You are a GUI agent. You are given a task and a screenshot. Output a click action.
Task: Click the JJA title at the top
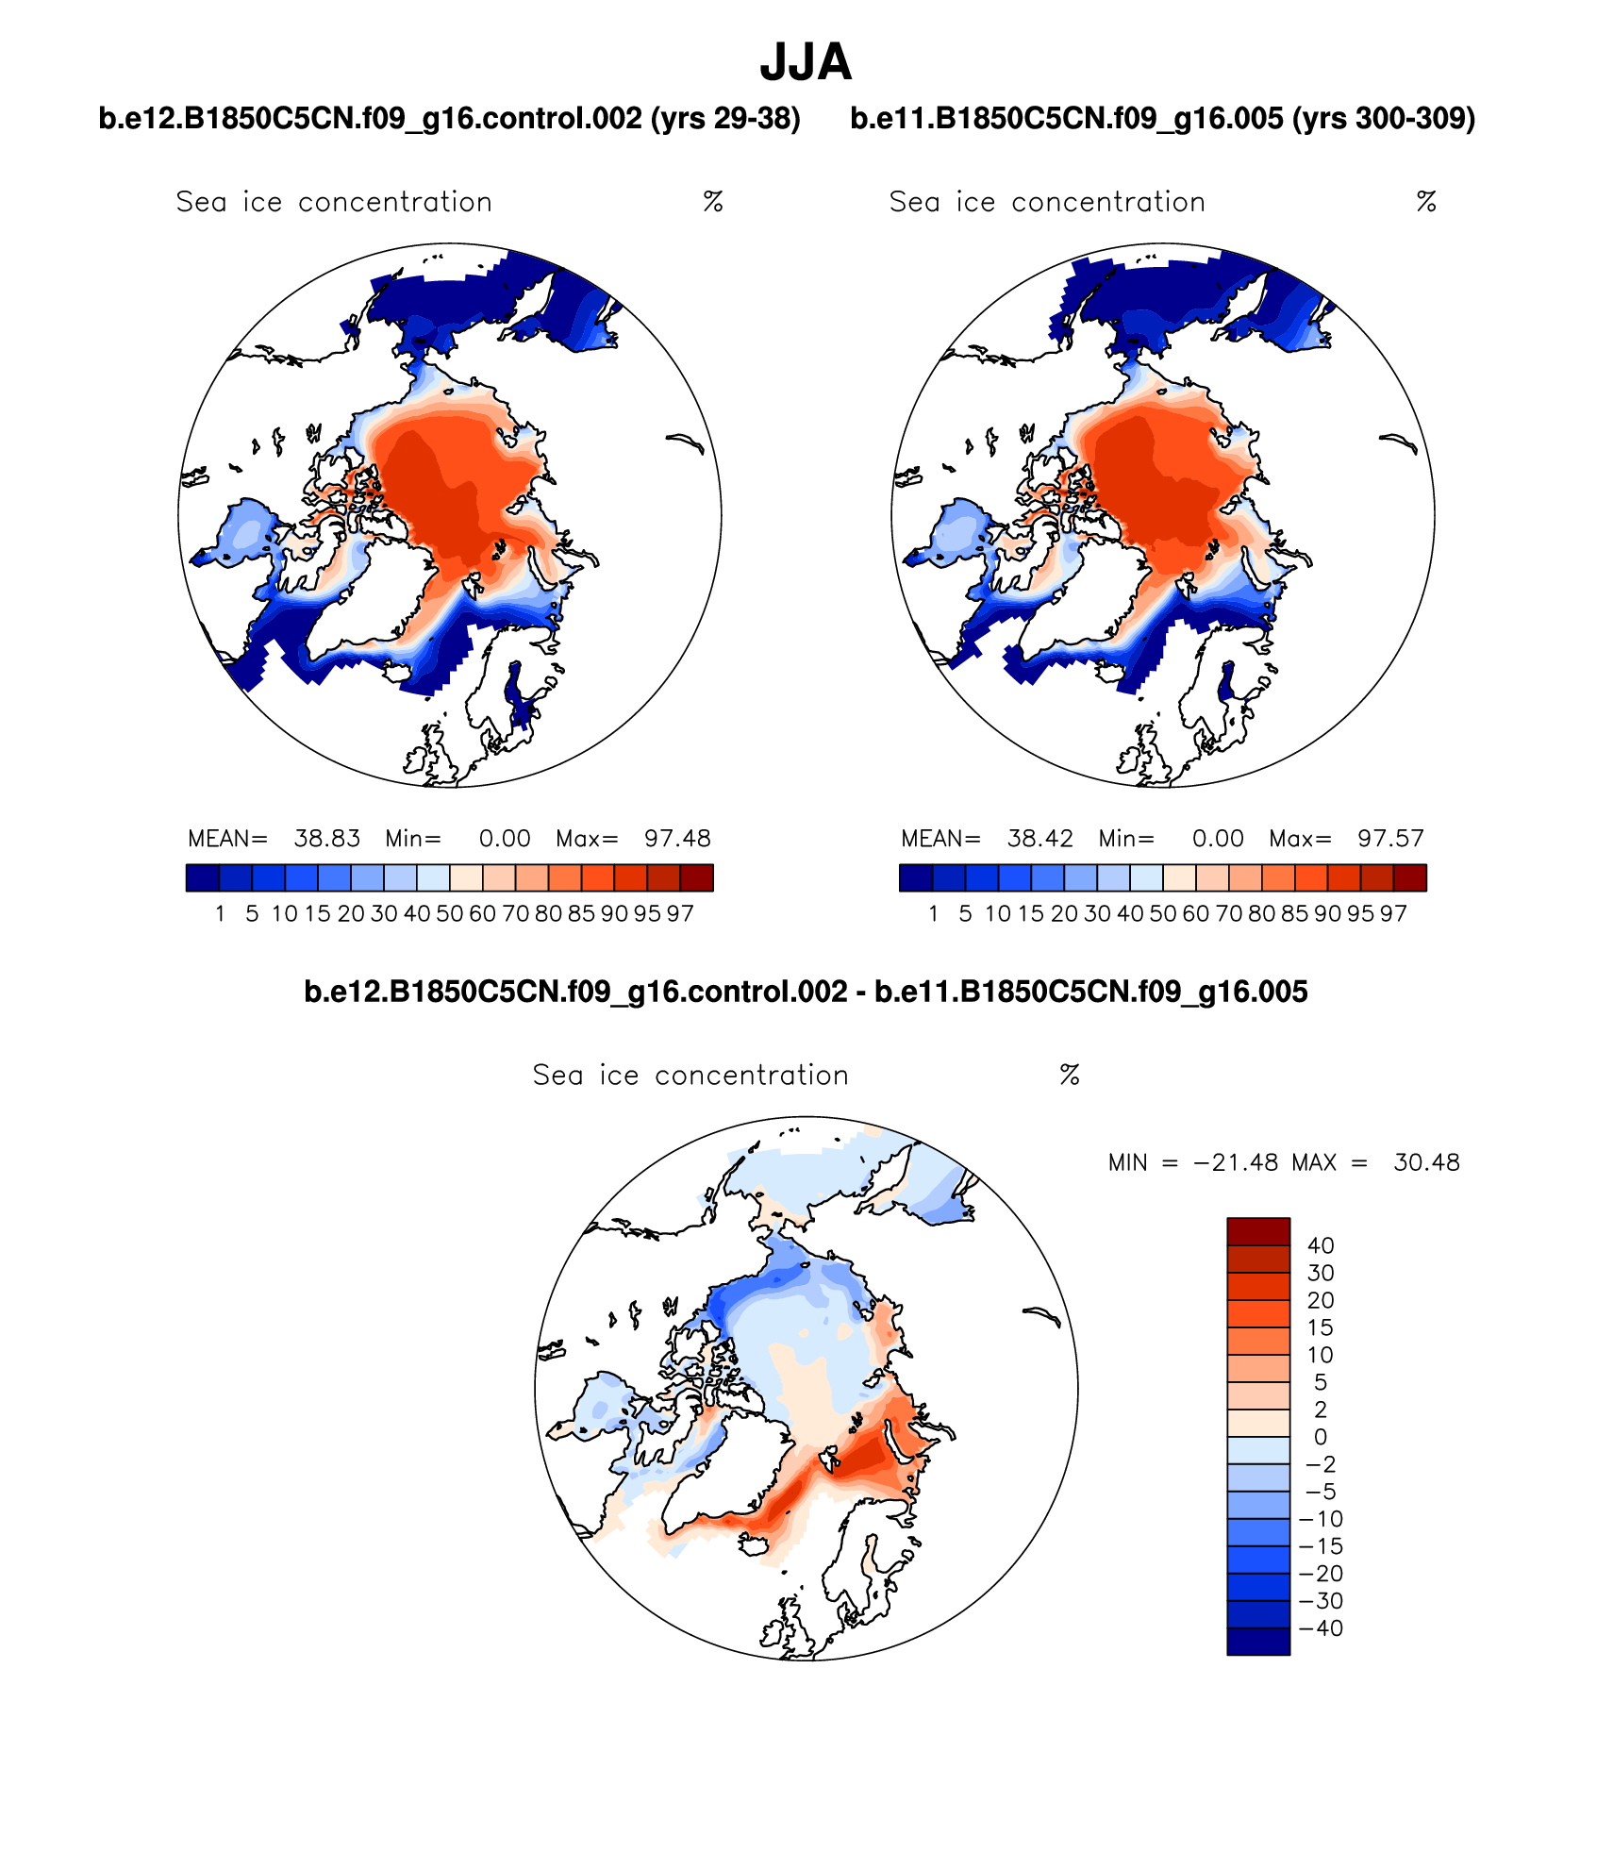pyautogui.click(x=806, y=62)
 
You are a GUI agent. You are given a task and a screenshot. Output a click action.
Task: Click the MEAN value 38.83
pyautogui.click(x=327, y=839)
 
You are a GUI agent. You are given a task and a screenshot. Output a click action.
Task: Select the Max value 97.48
pyautogui.click(x=677, y=839)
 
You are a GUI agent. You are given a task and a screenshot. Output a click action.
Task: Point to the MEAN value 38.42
pyautogui.click(x=1040, y=839)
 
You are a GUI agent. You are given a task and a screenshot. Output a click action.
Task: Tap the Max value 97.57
pyautogui.click(x=1390, y=839)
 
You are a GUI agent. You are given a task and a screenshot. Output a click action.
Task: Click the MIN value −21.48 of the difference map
pyautogui.click(x=1236, y=1162)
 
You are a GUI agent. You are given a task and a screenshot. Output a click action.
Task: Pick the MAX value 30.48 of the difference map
pyautogui.click(x=1426, y=1162)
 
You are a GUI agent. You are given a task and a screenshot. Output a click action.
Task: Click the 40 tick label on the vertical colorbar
pyautogui.click(x=1321, y=1245)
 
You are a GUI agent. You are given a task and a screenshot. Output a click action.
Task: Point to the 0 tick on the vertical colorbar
pyautogui.click(x=1321, y=1437)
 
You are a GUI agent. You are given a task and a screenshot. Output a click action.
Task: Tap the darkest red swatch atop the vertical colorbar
pyautogui.click(x=1258, y=1231)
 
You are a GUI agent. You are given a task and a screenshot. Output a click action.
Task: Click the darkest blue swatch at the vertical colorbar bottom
pyautogui.click(x=1258, y=1641)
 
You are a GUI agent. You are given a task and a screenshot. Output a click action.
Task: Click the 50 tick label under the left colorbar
pyautogui.click(x=449, y=914)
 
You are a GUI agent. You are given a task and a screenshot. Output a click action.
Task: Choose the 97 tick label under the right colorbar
pyautogui.click(x=1393, y=914)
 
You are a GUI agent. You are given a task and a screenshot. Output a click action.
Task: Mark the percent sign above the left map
pyautogui.click(x=713, y=202)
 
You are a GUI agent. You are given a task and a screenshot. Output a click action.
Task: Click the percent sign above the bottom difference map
pyautogui.click(x=1070, y=1075)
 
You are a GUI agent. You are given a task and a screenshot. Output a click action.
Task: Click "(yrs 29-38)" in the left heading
pyautogui.click(x=725, y=119)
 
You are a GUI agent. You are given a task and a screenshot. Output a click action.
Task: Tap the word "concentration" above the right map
pyautogui.click(x=1108, y=202)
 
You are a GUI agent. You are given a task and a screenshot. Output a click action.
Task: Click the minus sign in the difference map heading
pyautogui.click(x=861, y=992)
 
